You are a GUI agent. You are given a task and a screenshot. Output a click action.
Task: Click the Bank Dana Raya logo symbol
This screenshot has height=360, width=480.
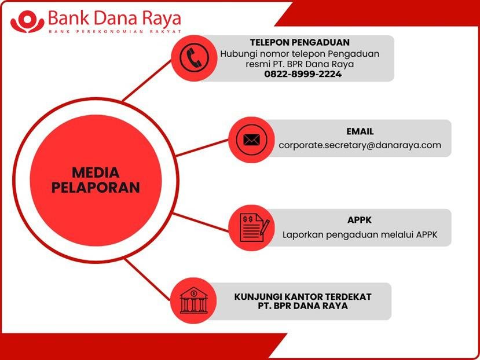pos(28,21)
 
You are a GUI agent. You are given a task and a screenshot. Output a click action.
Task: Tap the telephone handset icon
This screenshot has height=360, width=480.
pos(195,58)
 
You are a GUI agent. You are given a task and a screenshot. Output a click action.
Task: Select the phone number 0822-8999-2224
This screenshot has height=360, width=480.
pos(303,74)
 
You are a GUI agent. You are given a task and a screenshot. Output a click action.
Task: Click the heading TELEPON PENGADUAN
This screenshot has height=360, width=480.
pos(300,42)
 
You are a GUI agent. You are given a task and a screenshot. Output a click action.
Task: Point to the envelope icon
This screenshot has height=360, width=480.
pos(251,140)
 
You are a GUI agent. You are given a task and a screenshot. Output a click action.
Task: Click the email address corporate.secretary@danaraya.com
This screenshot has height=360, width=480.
pos(360,145)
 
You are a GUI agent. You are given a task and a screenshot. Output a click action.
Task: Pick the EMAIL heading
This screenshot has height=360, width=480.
pos(360,131)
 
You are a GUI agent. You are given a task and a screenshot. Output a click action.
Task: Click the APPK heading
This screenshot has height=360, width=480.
pos(360,220)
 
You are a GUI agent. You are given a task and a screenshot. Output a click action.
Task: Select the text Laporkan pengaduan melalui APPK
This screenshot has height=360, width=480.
pos(360,235)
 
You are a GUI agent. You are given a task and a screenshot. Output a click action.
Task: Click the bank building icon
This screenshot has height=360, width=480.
pos(193,300)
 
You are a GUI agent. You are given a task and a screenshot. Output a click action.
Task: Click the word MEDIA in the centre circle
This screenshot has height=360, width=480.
pos(96,173)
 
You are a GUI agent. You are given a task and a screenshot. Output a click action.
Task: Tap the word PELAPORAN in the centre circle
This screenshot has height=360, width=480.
pos(96,188)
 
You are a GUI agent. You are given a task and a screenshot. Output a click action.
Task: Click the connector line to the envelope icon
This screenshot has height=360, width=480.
pos(202,148)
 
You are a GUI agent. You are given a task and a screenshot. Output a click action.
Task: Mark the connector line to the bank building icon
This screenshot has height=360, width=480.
pos(147,279)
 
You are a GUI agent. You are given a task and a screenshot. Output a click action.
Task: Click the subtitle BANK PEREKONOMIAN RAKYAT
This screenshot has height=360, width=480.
pos(115,31)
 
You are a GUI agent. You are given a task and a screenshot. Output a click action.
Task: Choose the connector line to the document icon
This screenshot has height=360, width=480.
pos(201,222)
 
